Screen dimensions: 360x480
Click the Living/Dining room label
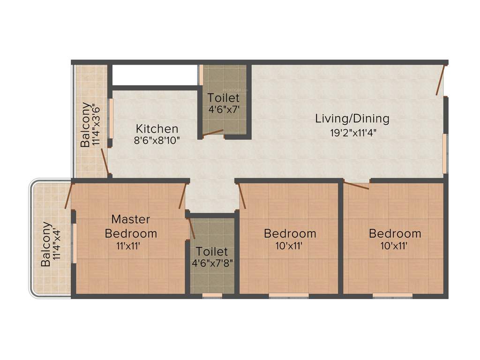coord(352,118)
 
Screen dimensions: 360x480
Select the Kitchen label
coord(157,128)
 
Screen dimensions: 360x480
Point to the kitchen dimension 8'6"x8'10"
coord(157,140)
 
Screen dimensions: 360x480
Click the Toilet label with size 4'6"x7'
coord(224,98)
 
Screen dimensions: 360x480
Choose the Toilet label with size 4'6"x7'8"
coord(212,251)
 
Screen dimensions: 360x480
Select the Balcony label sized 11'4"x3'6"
coord(86,125)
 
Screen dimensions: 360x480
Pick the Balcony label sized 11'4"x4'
coord(46,244)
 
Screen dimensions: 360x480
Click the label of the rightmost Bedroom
coord(395,233)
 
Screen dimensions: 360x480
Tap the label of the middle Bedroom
coord(290,233)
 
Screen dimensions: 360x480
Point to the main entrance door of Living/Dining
coord(440,80)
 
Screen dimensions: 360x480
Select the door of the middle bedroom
coord(242,195)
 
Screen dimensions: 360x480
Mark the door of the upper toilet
coord(213,133)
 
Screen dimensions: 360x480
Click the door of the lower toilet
coord(191,228)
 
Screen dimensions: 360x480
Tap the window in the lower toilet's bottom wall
coord(212,295)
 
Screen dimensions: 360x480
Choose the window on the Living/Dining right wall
coord(445,153)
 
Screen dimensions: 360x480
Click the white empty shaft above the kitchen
coord(154,75)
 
